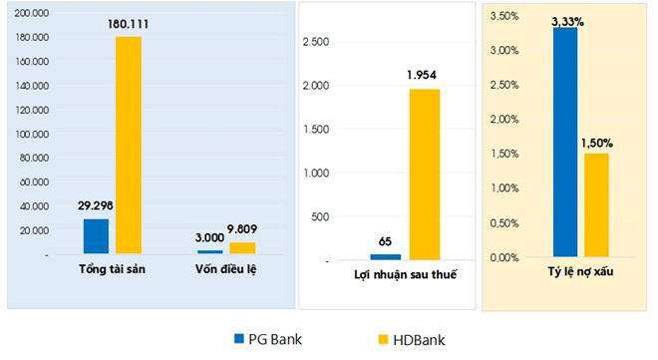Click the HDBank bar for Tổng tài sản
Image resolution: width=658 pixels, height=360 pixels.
(129, 145)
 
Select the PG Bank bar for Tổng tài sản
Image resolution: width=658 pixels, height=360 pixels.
(96, 236)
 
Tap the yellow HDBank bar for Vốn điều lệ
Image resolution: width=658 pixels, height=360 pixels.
(242, 248)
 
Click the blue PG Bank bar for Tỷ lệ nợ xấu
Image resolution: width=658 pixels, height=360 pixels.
(564, 143)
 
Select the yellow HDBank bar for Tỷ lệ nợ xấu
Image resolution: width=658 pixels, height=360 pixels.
(596, 204)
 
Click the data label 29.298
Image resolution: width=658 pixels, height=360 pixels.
(98, 206)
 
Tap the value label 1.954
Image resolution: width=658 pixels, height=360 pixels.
(422, 75)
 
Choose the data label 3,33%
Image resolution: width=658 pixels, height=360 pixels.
(566, 19)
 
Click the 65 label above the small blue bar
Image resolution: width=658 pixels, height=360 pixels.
(384, 240)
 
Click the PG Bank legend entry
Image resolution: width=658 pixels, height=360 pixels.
(267, 339)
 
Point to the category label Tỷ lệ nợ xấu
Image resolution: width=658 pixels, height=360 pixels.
(579, 271)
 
